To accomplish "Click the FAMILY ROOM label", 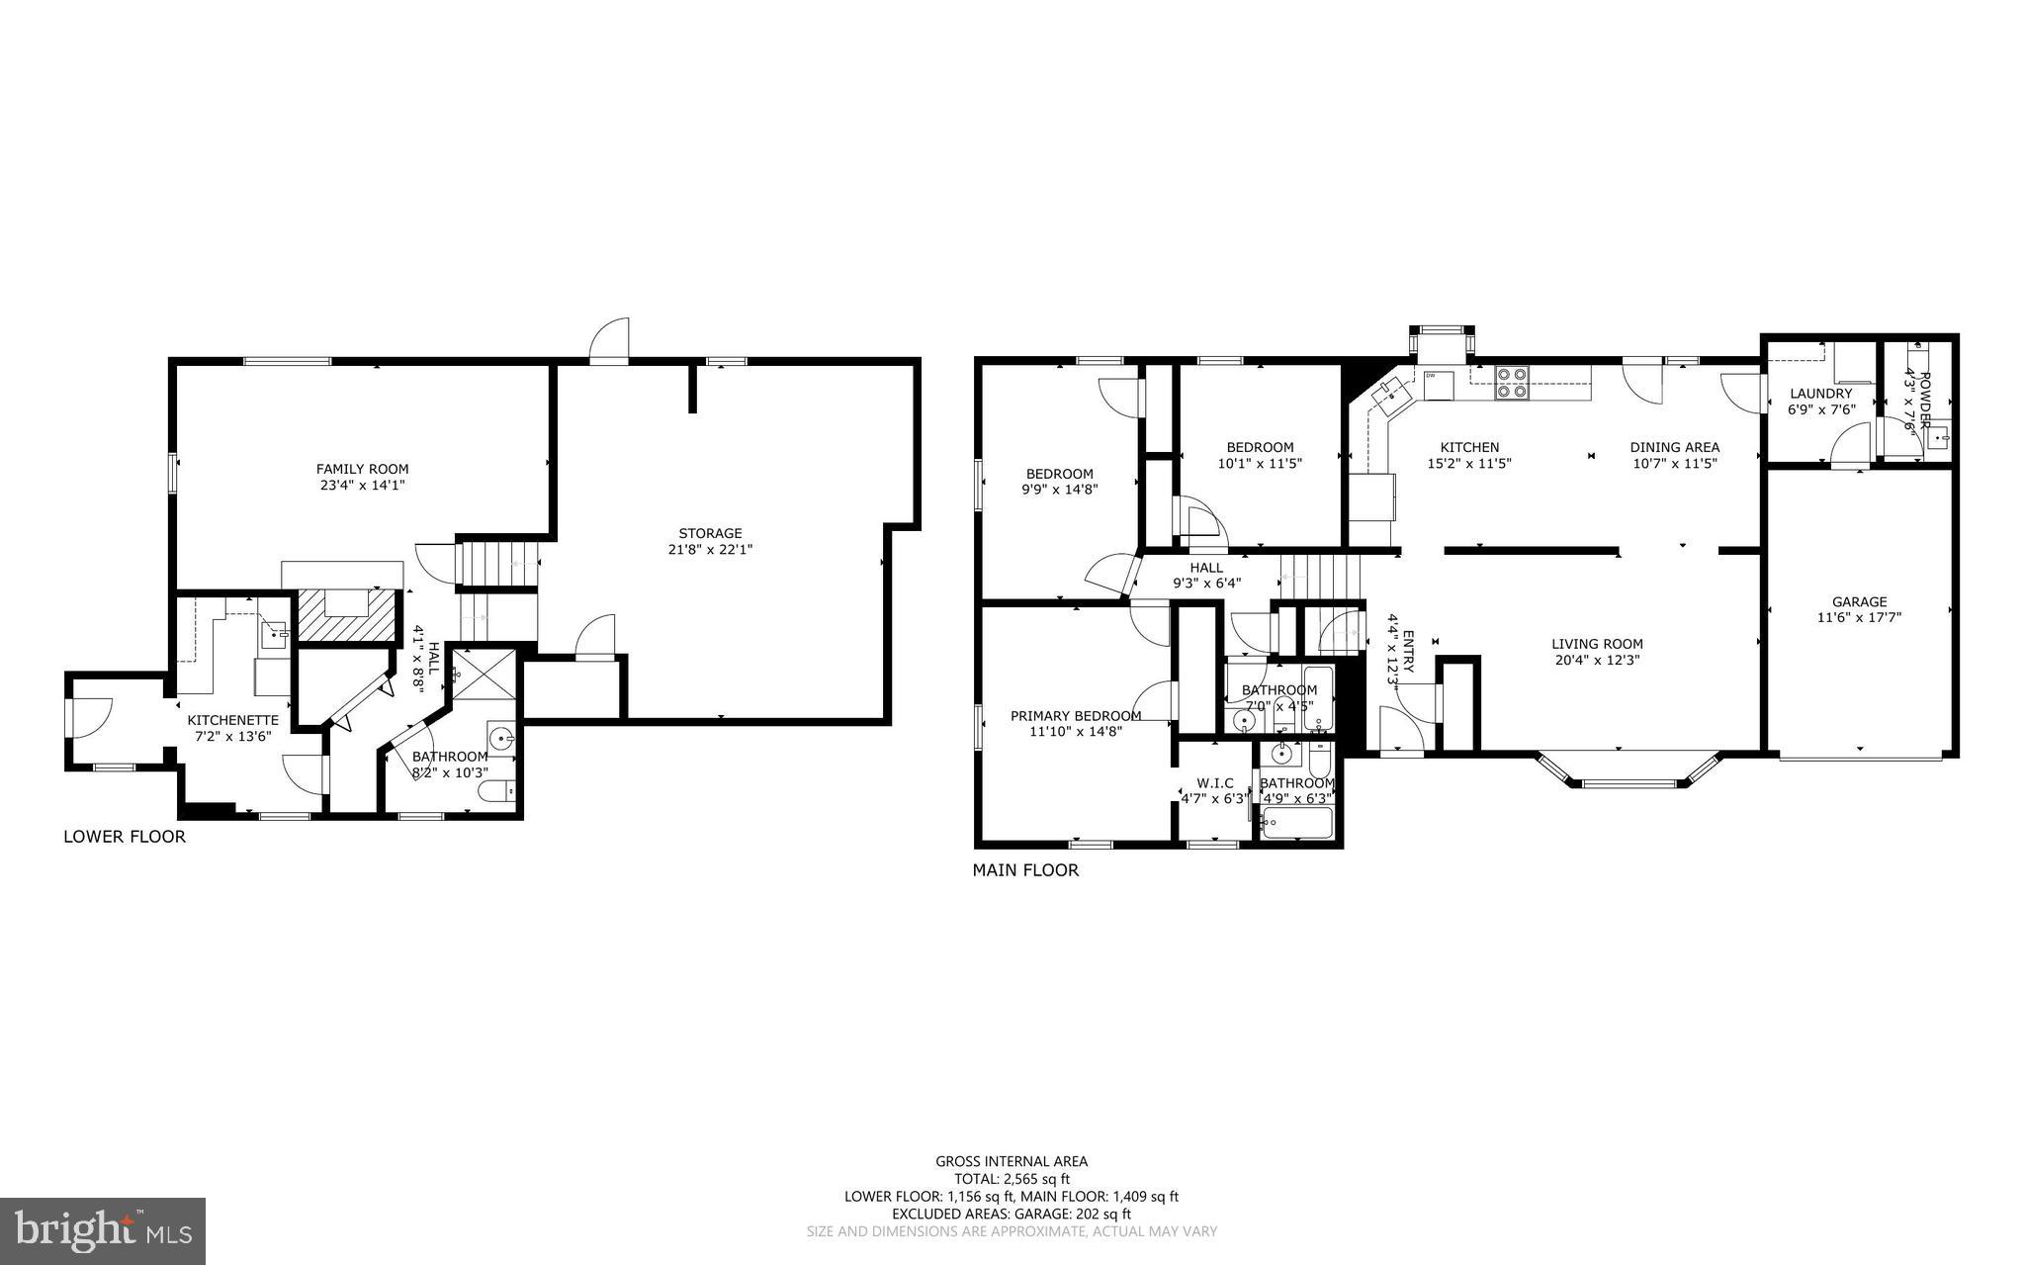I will pyautogui.click(x=362, y=469).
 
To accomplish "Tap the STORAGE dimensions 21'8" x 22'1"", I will pyautogui.click(x=710, y=549).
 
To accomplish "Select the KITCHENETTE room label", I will pyautogui.click(x=233, y=720).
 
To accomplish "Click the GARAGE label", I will pyautogui.click(x=1859, y=601).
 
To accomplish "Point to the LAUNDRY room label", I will pyautogui.click(x=1820, y=394).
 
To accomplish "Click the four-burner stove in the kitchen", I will pyautogui.click(x=1511, y=382).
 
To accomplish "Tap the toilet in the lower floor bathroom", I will pyautogui.click(x=497, y=790).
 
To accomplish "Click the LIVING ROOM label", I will pyautogui.click(x=1597, y=644).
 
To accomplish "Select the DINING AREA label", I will pyautogui.click(x=1674, y=447).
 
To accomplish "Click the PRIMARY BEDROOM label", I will pyautogui.click(x=1076, y=716).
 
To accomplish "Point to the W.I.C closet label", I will pyautogui.click(x=1214, y=783).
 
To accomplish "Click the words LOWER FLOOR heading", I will pyautogui.click(x=125, y=837).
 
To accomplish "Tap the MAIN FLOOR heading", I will pyautogui.click(x=1025, y=870).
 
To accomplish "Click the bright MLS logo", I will pyautogui.click(x=103, y=1230).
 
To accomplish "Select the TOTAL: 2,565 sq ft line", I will pyautogui.click(x=1012, y=1179).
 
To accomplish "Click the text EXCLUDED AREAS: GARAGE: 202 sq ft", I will pyautogui.click(x=1012, y=1214).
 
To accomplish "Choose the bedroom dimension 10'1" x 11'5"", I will pyautogui.click(x=1259, y=463).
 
